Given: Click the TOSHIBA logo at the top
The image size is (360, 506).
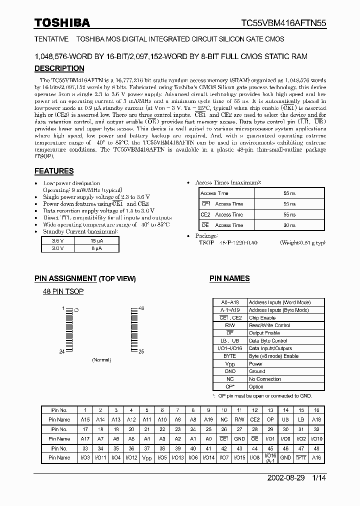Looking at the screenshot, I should [x=62, y=22].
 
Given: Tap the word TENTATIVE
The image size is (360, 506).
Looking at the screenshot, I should [x=51, y=38].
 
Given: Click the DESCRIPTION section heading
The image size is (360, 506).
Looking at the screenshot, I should [x=59, y=68].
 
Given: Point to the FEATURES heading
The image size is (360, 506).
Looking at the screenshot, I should [x=53, y=171].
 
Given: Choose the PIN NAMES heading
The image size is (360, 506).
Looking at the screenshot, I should [x=229, y=278].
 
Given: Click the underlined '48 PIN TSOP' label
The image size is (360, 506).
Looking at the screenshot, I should [x=62, y=291].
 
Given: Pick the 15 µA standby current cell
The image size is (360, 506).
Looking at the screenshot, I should [x=96, y=240].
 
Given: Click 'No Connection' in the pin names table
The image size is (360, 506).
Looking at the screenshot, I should [x=265, y=379].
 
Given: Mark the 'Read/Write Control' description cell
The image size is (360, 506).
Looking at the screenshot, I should [x=269, y=325].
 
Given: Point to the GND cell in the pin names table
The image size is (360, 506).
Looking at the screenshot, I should [x=229, y=371].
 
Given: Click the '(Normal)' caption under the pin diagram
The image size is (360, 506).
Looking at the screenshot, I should [x=101, y=360].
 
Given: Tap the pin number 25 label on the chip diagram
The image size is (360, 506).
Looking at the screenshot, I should [x=141, y=351].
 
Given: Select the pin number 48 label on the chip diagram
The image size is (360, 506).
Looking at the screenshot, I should [x=141, y=309].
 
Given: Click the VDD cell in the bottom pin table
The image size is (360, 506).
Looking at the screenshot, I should [x=147, y=458].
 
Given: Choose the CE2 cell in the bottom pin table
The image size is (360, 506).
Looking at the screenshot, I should [x=254, y=420].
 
